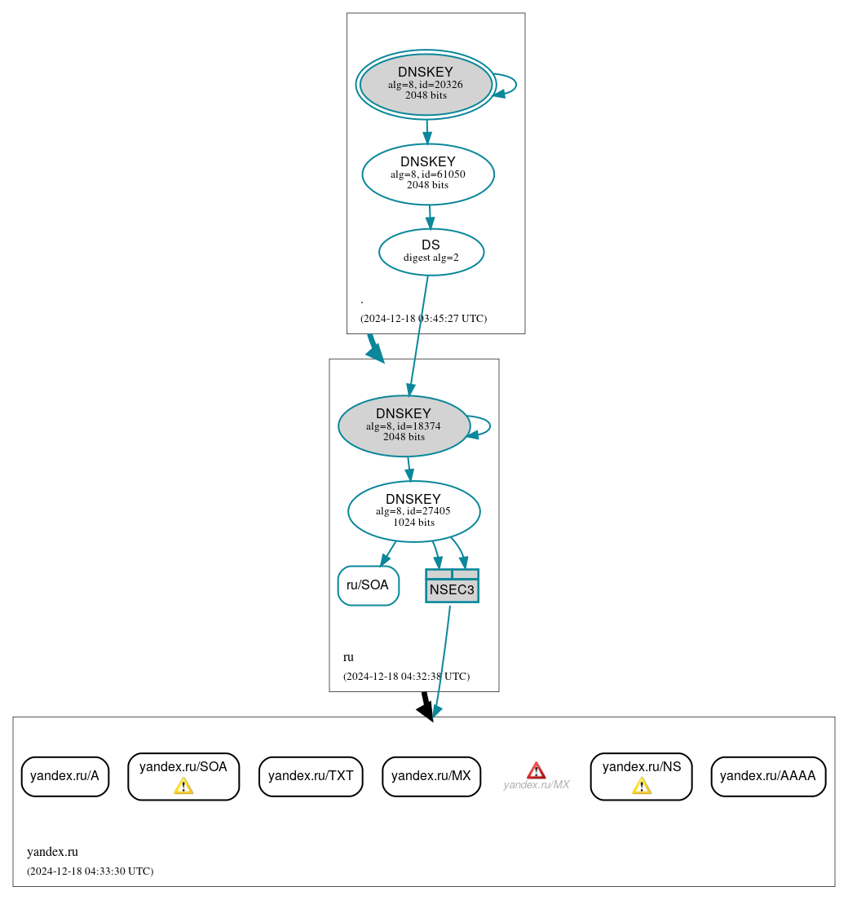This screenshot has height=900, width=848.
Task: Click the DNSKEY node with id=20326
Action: click(426, 84)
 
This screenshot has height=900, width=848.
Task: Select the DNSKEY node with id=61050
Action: click(428, 174)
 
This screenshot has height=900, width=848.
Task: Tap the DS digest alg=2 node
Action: click(431, 252)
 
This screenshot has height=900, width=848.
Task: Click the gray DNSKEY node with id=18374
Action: click(404, 426)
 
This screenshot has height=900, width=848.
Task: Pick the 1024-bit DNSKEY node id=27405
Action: click(413, 511)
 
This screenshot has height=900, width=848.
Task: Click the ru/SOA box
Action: click(368, 585)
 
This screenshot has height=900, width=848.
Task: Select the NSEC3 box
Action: click(452, 586)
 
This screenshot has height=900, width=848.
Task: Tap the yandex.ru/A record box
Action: click(64, 776)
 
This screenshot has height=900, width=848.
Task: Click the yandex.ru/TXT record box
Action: click(311, 776)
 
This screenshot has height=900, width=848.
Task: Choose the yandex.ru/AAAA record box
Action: click(768, 776)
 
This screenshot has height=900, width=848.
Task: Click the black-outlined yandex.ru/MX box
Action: click(431, 776)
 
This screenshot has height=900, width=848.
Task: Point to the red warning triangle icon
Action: click(536, 770)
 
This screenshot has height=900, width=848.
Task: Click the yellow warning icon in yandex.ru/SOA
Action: click(183, 786)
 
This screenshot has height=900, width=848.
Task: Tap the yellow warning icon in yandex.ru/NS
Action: click(642, 786)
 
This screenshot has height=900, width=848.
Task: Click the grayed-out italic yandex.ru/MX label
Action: click(536, 785)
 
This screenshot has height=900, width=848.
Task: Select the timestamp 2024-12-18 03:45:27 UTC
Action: click(423, 319)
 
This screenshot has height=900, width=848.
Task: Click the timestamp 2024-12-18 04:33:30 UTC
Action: click(90, 871)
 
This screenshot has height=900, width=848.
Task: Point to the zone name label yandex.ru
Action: click(52, 852)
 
